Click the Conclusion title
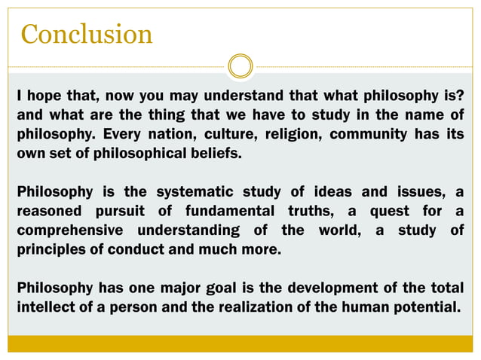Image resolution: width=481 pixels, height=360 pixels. tap(87, 34)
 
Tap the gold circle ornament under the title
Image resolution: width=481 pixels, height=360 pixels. tap(240, 66)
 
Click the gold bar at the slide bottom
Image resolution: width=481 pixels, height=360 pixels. tap(240, 343)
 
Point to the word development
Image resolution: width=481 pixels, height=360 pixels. tap(346, 288)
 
